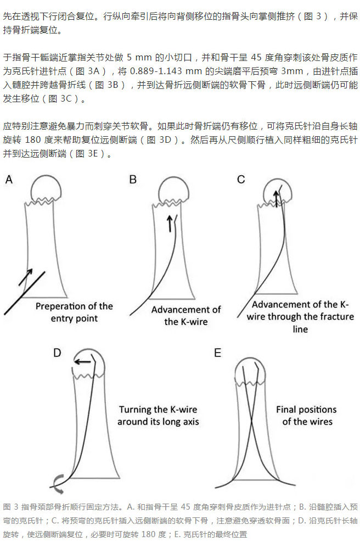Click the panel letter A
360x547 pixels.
[x=9, y=180]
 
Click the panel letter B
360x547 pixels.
[x=133, y=180]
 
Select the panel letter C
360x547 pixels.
[x=241, y=180]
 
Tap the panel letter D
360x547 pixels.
[x=58, y=353]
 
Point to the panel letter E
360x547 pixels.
[x=218, y=353]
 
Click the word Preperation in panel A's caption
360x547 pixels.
[x=60, y=306]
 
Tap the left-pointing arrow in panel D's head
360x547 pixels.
[x=83, y=361]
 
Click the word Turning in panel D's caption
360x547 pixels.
[x=138, y=410]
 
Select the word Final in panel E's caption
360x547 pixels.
[x=288, y=410]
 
